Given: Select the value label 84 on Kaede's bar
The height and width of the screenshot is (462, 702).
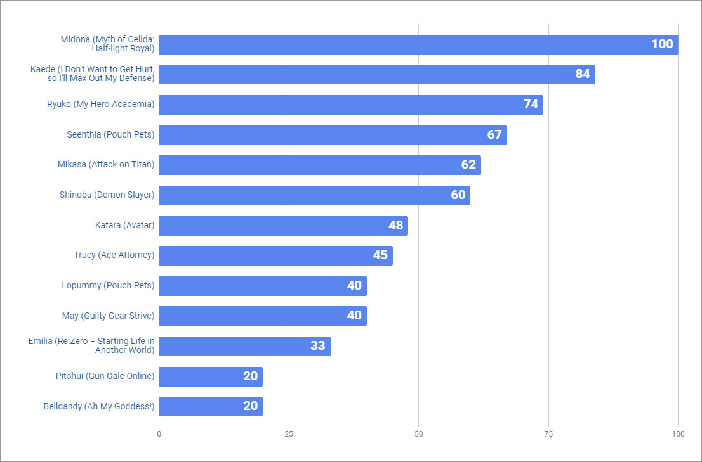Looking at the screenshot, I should pyautogui.click(x=583, y=74).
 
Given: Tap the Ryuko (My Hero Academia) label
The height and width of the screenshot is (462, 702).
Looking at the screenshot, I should pyautogui.click(x=101, y=105).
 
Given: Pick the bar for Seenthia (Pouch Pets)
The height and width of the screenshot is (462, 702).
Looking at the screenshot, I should pyautogui.click(x=333, y=135).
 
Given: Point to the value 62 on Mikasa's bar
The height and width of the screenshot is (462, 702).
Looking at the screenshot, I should pyautogui.click(x=468, y=165).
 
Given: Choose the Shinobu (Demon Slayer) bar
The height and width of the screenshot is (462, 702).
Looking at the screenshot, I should pyautogui.click(x=314, y=195).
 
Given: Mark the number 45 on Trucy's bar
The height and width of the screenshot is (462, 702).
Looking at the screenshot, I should pyautogui.click(x=380, y=255).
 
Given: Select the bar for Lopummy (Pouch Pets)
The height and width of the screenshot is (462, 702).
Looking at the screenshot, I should pyautogui.click(x=262, y=286).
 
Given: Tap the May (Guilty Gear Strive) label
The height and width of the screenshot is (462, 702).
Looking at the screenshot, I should pyautogui.click(x=109, y=316).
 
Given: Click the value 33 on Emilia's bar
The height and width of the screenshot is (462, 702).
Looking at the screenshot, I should pyautogui.click(x=318, y=346).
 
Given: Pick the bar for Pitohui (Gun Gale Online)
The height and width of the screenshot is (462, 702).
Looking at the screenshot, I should pyautogui.click(x=210, y=376).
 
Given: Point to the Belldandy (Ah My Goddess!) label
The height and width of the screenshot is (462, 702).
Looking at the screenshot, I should pyautogui.click(x=99, y=406).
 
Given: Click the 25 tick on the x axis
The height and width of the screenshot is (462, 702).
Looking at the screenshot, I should pyautogui.click(x=289, y=434).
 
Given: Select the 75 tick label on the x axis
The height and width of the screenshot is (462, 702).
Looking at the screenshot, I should pyautogui.click(x=548, y=434).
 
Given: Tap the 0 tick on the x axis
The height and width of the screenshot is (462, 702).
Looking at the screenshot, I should pyautogui.click(x=159, y=434).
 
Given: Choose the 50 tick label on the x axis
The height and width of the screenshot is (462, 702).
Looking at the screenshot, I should pyautogui.click(x=418, y=434).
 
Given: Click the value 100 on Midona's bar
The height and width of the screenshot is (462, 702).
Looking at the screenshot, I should pyautogui.click(x=662, y=44).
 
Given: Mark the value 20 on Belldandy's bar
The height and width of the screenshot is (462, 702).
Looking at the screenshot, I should pyautogui.click(x=251, y=406).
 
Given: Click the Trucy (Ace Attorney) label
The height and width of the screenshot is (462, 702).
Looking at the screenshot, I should pyautogui.click(x=114, y=255).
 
